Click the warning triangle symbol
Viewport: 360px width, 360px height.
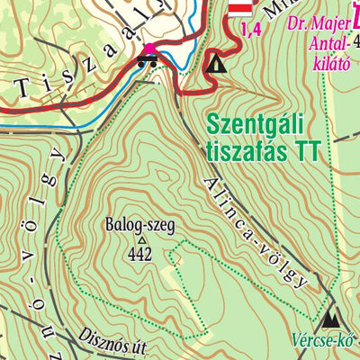point(216,64)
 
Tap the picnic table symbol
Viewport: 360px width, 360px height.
point(148,62)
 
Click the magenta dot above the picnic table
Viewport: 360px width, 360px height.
point(148,48)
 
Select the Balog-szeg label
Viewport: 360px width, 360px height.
point(138,226)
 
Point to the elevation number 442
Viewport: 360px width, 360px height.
point(139,254)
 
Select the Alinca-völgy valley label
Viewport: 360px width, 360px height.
point(256,230)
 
